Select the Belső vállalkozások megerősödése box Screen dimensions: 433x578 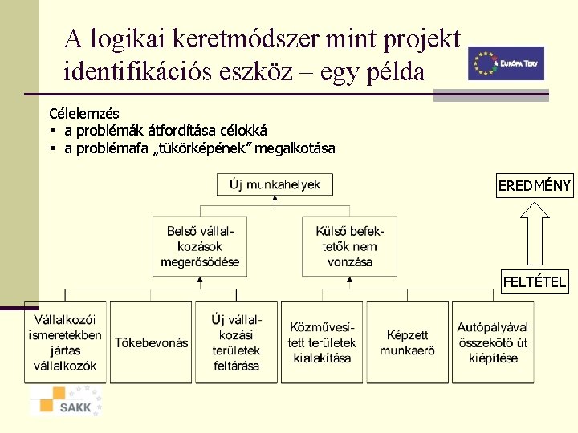pos(200,246)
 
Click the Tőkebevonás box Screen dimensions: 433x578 pos(151,342)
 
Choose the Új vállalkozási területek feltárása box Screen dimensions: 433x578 pos(236,342)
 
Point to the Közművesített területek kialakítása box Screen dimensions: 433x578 pos(322,342)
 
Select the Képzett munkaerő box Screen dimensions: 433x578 pos(407,342)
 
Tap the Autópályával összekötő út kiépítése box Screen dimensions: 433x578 pos(493,342)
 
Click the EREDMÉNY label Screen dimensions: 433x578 pos(534,187)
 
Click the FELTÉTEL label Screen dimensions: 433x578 pos(534,281)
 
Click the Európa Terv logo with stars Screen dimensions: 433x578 pos(506,63)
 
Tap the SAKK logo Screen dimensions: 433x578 pos(66,401)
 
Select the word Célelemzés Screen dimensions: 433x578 pos(83,114)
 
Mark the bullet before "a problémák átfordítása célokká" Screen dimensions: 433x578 pos(52,131)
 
